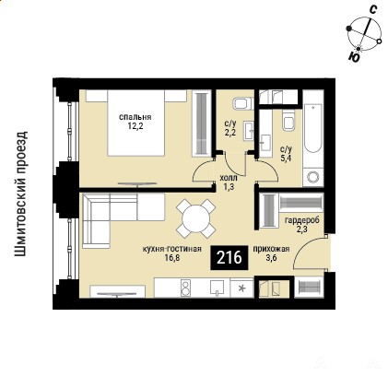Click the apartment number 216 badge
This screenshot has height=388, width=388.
point(229,258)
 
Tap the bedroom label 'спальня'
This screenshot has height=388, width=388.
point(135,117)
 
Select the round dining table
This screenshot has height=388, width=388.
point(195,218)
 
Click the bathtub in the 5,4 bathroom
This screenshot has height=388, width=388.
point(313,128)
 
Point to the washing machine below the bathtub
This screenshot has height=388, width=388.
point(313,177)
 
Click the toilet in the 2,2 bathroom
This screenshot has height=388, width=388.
point(242,104)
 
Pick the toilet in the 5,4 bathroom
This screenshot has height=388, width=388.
point(288,122)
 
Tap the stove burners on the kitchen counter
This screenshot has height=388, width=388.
point(185,288)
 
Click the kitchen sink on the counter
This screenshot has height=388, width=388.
point(218,288)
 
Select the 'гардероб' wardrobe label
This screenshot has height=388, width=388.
point(302,220)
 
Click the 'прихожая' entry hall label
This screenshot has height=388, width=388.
point(271,249)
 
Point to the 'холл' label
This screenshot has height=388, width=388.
point(229,179)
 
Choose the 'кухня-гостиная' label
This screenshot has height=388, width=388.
point(171,249)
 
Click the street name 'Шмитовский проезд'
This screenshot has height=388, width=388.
point(21,194)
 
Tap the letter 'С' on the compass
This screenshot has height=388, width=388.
point(372,10)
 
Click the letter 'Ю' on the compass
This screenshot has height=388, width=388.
point(354,57)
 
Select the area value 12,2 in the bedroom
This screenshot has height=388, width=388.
point(135,126)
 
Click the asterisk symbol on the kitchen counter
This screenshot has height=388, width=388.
point(242,288)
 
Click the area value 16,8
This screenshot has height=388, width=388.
point(171,258)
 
